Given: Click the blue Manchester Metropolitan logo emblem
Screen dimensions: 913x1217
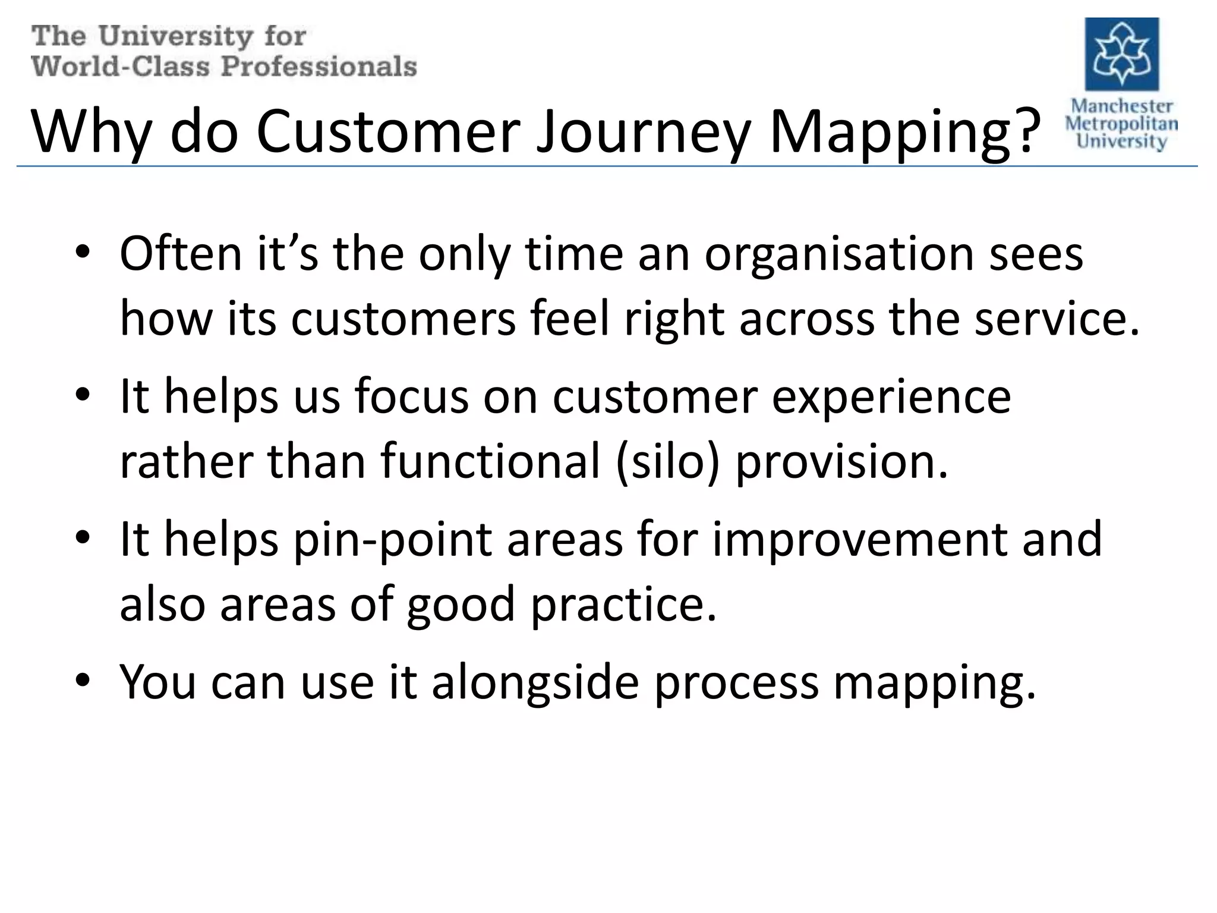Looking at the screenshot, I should point(1121,54).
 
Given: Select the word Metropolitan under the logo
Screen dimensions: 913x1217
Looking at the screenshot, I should point(1121,124).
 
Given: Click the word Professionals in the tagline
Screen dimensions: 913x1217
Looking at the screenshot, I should point(319,66).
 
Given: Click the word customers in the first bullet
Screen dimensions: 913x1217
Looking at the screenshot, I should point(403,320).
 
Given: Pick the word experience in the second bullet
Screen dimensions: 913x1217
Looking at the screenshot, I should point(891,396).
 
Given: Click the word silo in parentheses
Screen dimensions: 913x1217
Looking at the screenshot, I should point(667,462).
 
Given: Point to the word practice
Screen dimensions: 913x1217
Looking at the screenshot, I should point(623,605).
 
